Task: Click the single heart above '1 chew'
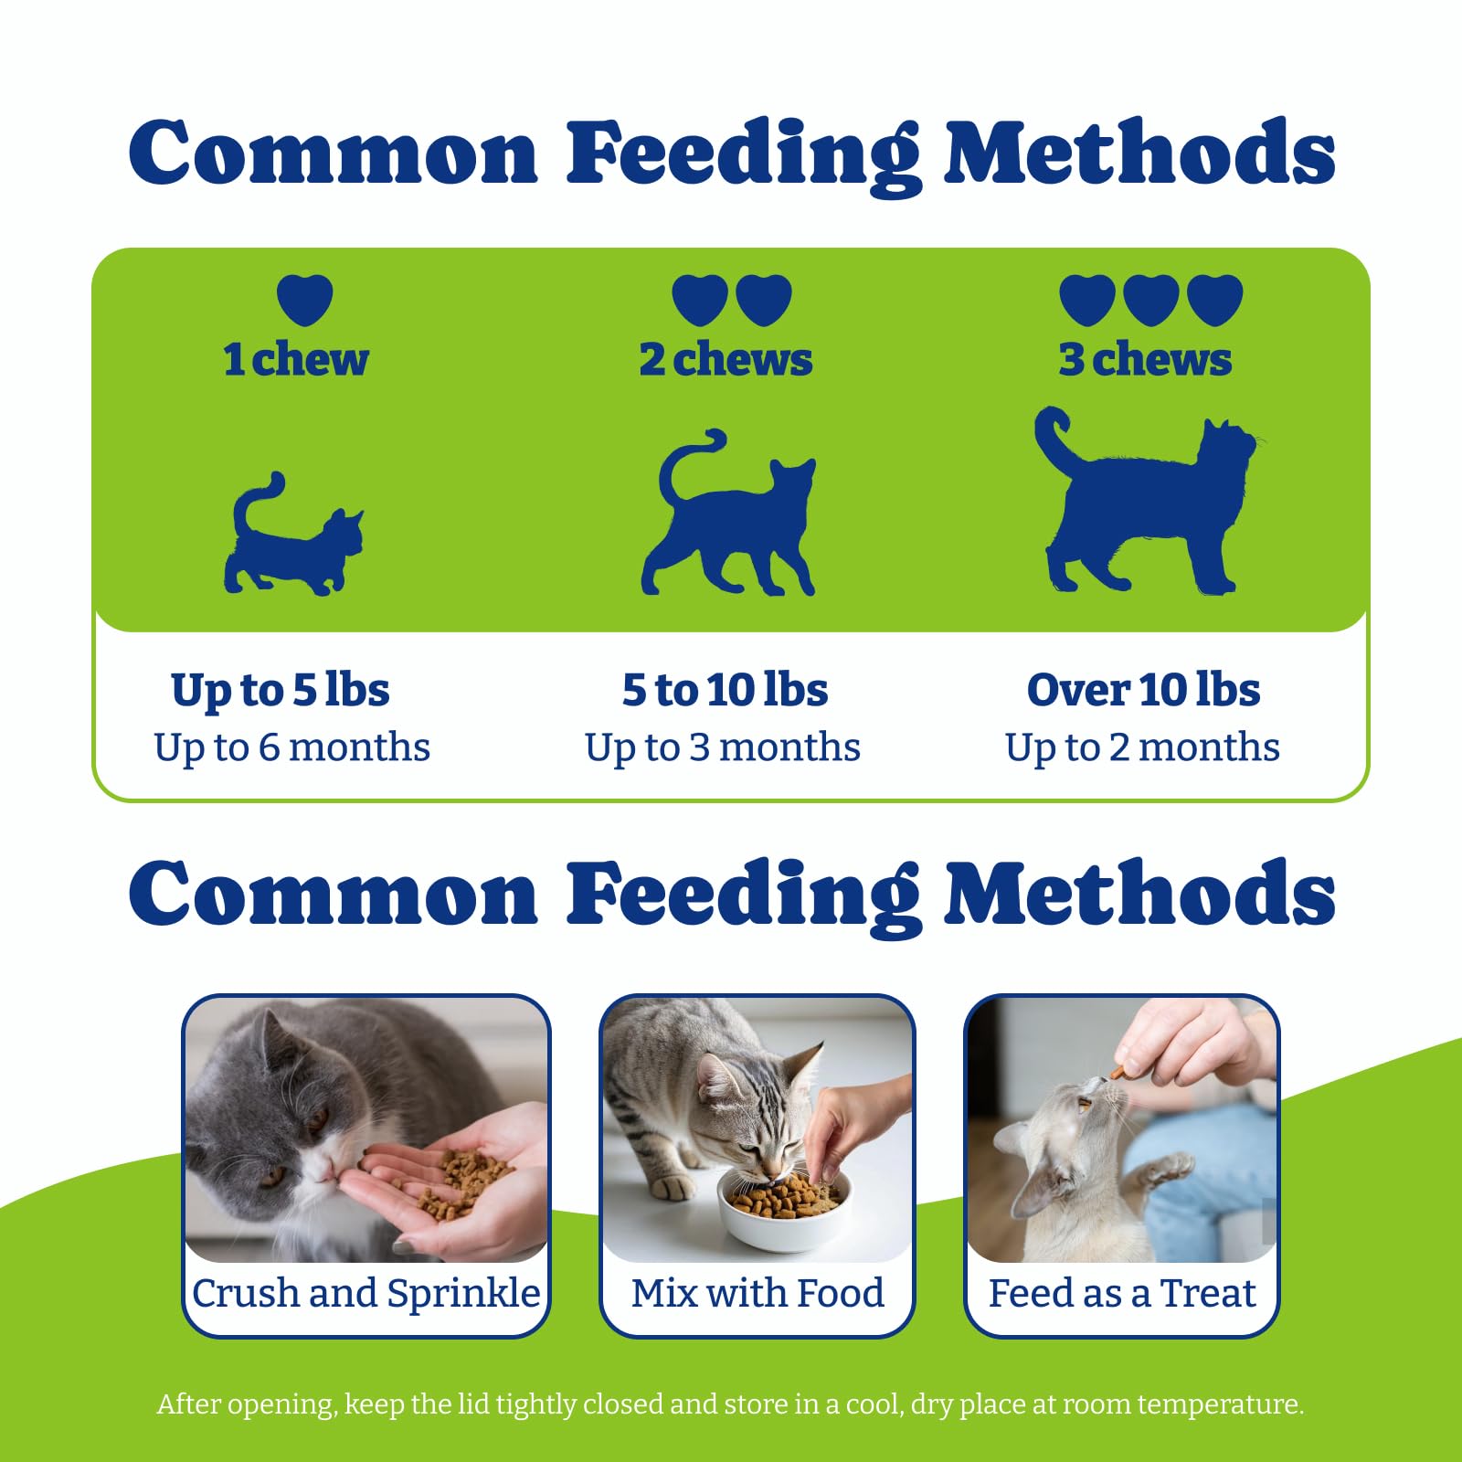click(x=304, y=300)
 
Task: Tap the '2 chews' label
click(x=726, y=359)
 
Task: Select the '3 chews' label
click(x=1145, y=359)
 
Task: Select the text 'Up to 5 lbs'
click(x=281, y=691)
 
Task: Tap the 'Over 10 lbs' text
click(x=1143, y=689)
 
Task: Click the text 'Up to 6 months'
click(x=291, y=747)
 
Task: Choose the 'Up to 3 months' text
click(x=723, y=747)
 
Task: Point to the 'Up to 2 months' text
click(x=1142, y=747)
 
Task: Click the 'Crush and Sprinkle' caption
click(x=365, y=1294)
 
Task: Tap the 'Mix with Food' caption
click(x=757, y=1293)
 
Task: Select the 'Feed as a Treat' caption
click(x=1122, y=1293)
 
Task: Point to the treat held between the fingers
click(x=1118, y=1072)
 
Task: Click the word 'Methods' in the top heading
click(x=1139, y=153)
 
